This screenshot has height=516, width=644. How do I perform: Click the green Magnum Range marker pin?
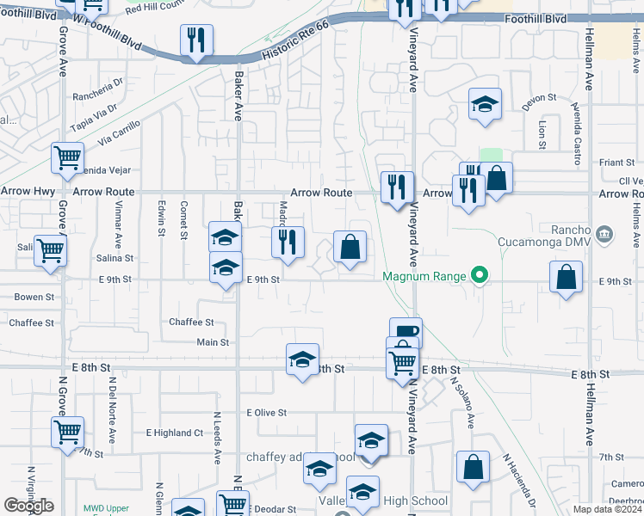481,276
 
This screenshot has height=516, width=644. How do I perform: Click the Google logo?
28,506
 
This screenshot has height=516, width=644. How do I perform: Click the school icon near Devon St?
485,105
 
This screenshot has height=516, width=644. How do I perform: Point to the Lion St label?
542,133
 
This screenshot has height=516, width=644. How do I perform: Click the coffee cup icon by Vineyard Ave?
406,331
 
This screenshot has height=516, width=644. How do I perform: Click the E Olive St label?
266,413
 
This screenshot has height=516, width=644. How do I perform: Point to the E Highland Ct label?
174,433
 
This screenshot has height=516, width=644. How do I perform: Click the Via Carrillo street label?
119,132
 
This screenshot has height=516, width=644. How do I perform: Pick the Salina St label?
115,258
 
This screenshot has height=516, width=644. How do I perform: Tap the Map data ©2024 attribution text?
608,509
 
